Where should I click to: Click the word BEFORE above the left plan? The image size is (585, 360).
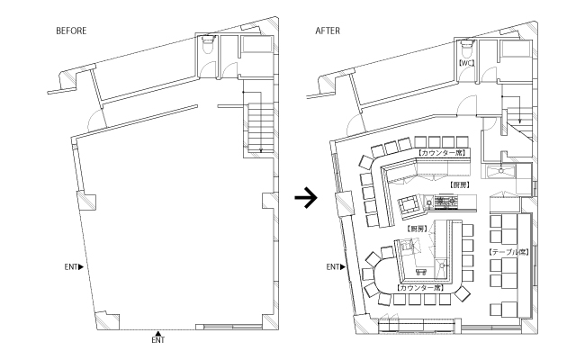tap(71, 30)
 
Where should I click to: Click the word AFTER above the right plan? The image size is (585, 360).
tap(328, 30)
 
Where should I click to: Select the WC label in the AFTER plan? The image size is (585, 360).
tap(466, 64)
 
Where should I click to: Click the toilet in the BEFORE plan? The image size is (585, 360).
tap(209, 46)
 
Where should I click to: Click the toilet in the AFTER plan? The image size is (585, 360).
tap(466, 46)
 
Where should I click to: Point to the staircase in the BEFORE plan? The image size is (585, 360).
tap(257, 126)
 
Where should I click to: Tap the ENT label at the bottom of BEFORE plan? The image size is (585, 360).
tap(157, 341)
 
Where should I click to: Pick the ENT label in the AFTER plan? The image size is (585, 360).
tap(331, 267)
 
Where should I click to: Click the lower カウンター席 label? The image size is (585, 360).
tap(418, 288)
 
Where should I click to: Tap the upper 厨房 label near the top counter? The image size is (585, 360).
tap(459, 183)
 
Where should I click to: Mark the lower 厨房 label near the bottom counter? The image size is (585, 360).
tap(417, 229)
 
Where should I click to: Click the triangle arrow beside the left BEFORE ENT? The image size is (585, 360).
tap(81, 267)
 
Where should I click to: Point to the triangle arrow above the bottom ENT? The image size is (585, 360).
tap(157, 332)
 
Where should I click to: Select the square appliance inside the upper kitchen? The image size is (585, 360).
tap(409, 203)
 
